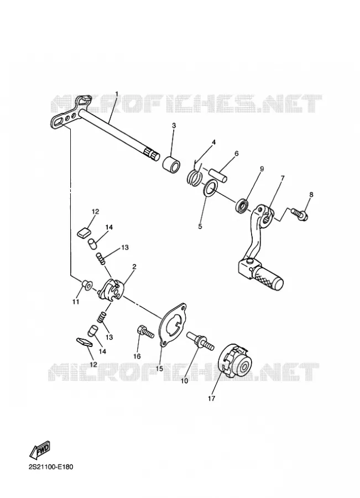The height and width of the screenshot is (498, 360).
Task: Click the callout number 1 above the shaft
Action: pyautogui.click(x=117, y=94)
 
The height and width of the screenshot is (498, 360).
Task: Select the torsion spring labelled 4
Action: pyautogui.click(x=195, y=174)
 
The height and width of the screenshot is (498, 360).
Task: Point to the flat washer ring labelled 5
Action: pyautogui.click(x=210, y=188)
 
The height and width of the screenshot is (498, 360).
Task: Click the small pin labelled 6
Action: pyautogui.click(x=218, y=175)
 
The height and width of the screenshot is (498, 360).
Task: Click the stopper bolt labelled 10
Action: pyautogui.click(x=201, y=340)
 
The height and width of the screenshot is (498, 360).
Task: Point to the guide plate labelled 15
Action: pyautogui.click(x=172, y=324)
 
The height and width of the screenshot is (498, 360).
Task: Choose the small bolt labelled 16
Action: pyautogui.click(x=145, y=331)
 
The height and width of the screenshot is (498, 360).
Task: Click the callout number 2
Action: pyautogui.click(x=134, y=267)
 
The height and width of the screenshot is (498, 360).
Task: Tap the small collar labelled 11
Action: pyautogui.click(x=86, y=284)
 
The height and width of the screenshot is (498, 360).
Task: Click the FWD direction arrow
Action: pyautogui.click(x=40, y=450)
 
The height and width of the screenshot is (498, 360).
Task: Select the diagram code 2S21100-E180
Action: pyautogui.click(x=51, y=467)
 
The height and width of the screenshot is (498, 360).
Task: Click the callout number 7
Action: pyautogui.click(x=282, y=178)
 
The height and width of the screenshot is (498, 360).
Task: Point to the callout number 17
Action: pyautogui.click(x=211, y=398)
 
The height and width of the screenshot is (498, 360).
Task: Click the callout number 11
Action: pyautogui.click(x=75, y=302)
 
